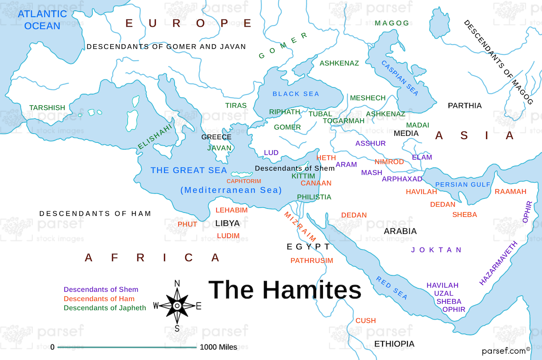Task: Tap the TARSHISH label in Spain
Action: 47,108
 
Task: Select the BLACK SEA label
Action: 296,94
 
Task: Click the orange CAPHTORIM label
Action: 244,181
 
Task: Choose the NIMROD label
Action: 389,162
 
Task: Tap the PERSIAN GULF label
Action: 463,184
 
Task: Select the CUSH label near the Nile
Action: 365,320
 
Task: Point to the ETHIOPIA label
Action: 394,344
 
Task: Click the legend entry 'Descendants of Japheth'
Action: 105,308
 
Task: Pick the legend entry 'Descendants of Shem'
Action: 101,290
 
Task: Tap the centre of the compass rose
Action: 177,306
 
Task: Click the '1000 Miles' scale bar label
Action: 218,347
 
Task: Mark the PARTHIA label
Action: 464,106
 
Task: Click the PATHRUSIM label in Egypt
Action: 312,261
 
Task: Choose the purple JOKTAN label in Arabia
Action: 436,250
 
